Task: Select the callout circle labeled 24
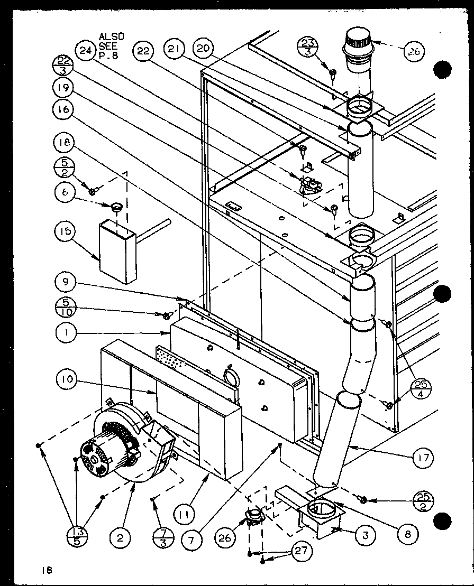84,50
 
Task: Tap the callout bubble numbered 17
423,456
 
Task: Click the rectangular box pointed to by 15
117,253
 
